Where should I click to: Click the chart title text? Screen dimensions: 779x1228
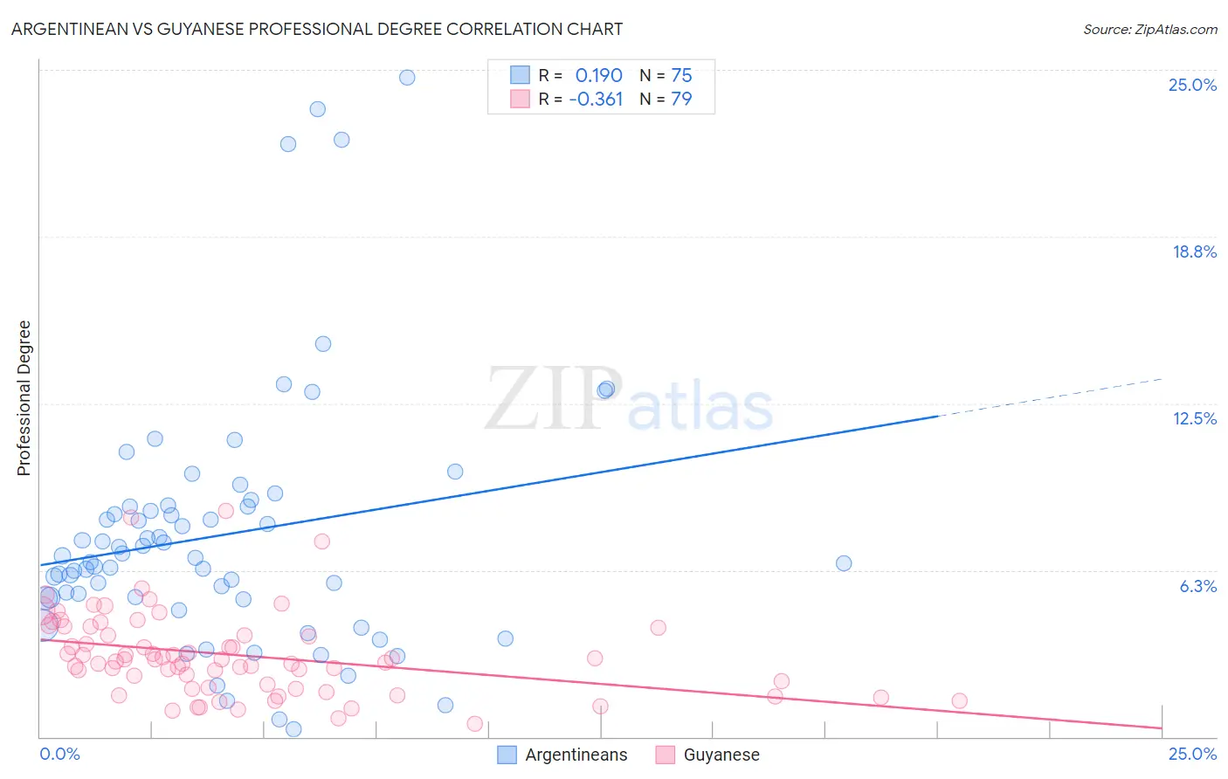[x=317, y=29]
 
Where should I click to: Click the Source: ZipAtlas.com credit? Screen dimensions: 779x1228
[x=1149, y=29]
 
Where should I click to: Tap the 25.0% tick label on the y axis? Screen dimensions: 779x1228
[x=1191, y=85]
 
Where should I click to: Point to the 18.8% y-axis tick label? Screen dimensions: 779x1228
[x=1193, y=252]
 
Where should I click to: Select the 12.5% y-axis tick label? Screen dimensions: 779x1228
[x=1194, y=418]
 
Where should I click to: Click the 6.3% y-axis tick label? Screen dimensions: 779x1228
[x=1197, y=586]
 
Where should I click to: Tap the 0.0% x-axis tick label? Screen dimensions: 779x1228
[x=59, y=754]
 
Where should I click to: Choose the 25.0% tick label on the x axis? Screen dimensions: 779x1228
[x=1191, y=754]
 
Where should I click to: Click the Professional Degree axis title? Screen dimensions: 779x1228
[x=24, y=398]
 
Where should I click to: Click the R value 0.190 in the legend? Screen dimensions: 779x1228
[x=598, y=76]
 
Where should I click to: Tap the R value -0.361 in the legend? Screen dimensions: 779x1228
[x=596, y=100]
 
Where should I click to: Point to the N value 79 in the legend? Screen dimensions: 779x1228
[x=681, y=100]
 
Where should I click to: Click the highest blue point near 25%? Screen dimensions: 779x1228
[x=407, y=77]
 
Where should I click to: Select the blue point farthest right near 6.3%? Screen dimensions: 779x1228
[x=844, y=563]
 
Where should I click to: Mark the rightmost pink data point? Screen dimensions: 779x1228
[x=959, y=700]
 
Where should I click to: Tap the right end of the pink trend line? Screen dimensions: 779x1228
[x=1161, y=727]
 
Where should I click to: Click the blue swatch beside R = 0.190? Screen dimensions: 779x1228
[x=520, y=75]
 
